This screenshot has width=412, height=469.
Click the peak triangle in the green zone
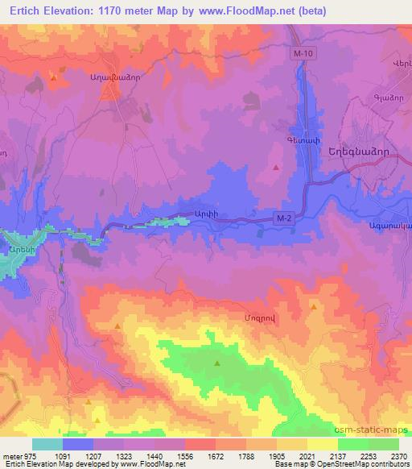217,364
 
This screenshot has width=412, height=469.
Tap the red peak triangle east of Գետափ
277,168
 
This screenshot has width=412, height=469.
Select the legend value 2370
399,455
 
